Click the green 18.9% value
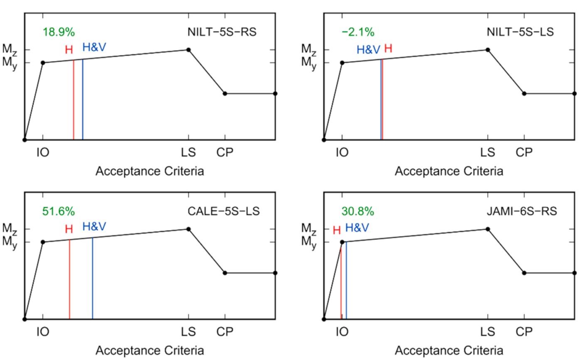tap(59, 32)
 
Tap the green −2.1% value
tap(358, 32)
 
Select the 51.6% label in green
tap(59, 211)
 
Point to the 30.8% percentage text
tap(358, 211)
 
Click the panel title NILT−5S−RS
tap(222, 32)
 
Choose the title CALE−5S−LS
tap(224, 211)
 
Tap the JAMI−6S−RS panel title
tap(522, 211)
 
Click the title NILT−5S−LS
tap(520, 32)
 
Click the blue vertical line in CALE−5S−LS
tap(93, 278)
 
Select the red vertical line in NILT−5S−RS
tap(74, 100)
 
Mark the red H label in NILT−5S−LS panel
tap(388, 49)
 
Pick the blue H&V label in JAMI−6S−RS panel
tap(357, 228)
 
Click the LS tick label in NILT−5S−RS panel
tap(188, 152)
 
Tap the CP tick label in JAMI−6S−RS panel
tap(524, 332)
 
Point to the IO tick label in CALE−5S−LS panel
tap(43, 332)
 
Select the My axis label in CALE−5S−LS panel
tap(10, 242)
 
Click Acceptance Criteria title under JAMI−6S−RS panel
tap(449, 351)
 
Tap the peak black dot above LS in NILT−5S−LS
tap(488, 50)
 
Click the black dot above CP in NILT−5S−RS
tap(225, 93)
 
